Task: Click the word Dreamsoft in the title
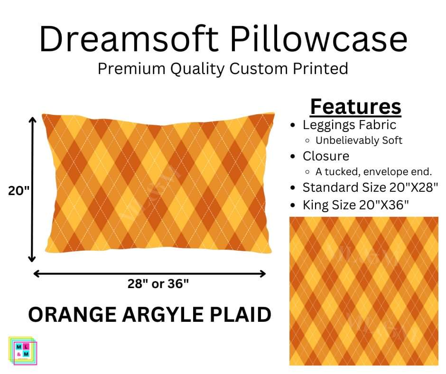(x=129, y=38)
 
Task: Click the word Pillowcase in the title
(x=319, y=38)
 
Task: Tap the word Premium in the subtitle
(x=131, y=69)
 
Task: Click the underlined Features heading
(x=355, y=107)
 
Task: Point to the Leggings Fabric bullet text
(x=349, y=125)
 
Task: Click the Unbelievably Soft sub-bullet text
(x=359, y=140)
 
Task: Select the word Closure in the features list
(x=326, y=156)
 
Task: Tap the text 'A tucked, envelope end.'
(x=373, y=172)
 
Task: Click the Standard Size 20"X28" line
(x=370, y=187)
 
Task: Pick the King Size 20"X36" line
(x=355, y=205)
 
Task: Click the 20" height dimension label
(x=19, y=191)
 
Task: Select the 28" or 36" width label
(x=158, y=284)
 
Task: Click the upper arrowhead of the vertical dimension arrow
(x=32, y=120)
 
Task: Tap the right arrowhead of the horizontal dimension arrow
(x=262, y=274)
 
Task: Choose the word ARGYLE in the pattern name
(x=163, y=315)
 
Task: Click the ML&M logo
(x=22, y=350)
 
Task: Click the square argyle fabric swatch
(x=364, y=291)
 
